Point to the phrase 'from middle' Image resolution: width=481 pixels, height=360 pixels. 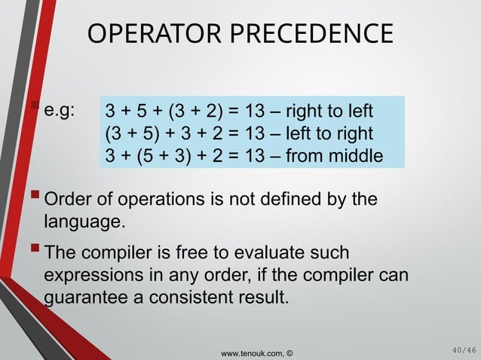(x=339, y=157)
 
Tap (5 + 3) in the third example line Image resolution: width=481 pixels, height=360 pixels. (x=164, y=157)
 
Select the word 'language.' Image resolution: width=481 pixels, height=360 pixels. (x=82, y=223)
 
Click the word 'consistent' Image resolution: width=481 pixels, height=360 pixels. (x=210, y=295)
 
